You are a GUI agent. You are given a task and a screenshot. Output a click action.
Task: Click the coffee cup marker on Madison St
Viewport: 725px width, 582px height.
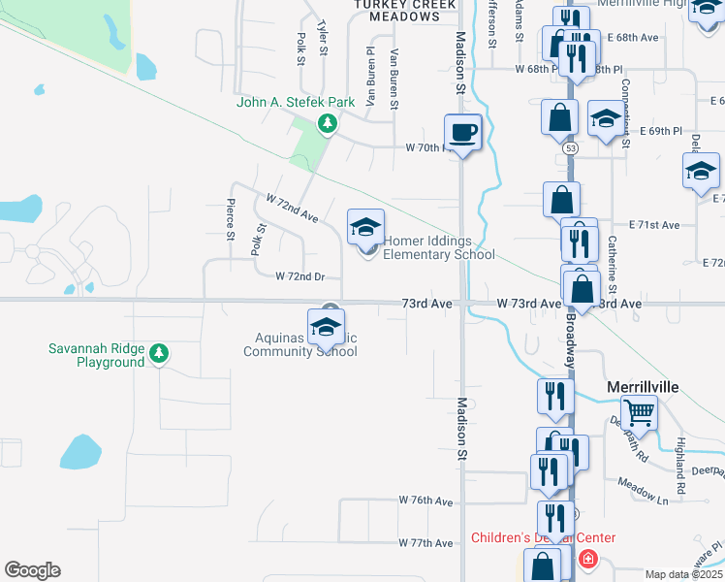click(x=462, y=132)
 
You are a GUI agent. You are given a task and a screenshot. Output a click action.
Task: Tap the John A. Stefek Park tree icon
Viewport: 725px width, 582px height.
click(x=329, y=122)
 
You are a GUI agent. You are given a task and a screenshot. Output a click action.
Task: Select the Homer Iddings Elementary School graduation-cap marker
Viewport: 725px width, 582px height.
click(x=365, y=229)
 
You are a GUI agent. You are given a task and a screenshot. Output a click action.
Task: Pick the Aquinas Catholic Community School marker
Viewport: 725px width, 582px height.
click(x=327, y=326)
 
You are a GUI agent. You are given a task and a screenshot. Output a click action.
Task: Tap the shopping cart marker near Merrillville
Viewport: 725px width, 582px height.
click(x=639, y=412)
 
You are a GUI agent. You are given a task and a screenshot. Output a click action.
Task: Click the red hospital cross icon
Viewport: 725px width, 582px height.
click(x=587, y=560)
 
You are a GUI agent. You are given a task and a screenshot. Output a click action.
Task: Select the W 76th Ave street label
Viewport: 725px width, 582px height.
click(x=426, y=501)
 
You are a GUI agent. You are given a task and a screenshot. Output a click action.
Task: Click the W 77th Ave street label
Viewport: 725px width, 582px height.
click(x=426, y=543)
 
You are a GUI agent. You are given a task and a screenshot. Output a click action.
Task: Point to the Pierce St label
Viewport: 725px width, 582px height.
click(x=230, y=220)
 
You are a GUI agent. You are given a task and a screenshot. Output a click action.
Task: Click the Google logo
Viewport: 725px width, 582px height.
click(x=32, y=569)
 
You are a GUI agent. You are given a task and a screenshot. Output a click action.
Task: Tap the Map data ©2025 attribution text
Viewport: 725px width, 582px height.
click(x=683, y=574)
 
